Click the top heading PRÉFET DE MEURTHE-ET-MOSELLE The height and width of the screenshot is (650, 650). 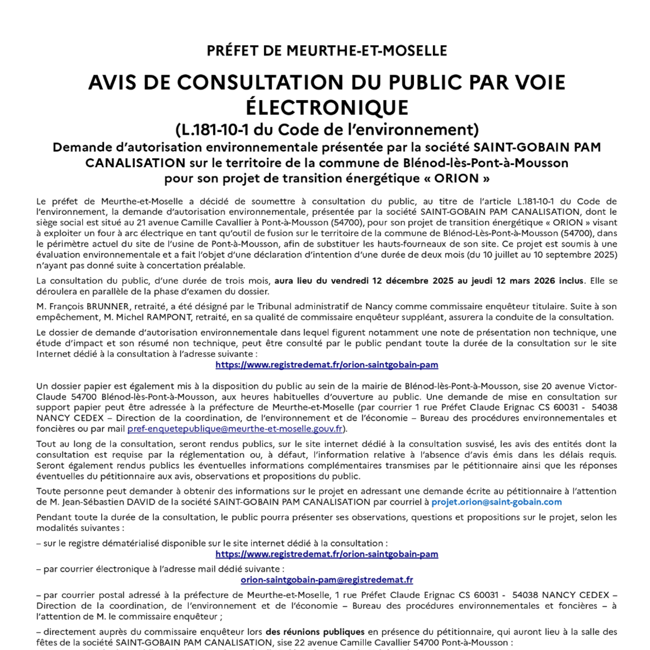327,51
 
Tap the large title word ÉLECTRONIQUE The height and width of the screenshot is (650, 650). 327,107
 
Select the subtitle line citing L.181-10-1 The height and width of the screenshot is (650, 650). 327,130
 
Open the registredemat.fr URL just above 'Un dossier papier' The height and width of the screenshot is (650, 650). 327,365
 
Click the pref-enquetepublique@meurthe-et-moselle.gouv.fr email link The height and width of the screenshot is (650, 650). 235,429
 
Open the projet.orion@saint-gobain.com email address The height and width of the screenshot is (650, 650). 496,502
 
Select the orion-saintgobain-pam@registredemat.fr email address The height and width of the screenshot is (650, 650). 327,580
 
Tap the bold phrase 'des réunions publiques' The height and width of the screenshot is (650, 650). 314,632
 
